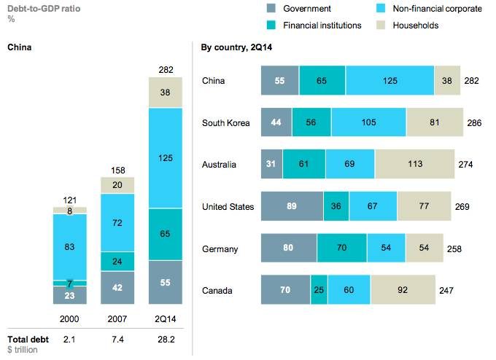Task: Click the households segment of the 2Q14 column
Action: [166, 93]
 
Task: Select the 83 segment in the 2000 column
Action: [70, 247]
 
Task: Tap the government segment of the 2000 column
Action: [70, 295]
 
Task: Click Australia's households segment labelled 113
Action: [415, 165]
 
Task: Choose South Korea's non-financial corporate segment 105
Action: [368, 122]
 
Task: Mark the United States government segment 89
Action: [292, 207]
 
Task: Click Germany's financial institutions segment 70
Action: [342, 249]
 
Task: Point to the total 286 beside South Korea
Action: [473, 123]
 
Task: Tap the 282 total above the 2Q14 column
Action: [166, 70]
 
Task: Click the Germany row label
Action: [220, 249]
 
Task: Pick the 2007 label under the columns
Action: [117, 319]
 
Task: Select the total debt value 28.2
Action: [166, 339]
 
